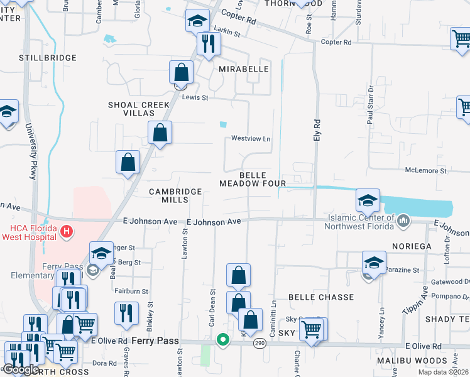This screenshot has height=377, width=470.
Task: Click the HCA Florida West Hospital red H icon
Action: (67, 233)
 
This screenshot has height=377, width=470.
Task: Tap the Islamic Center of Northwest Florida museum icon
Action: (403, 221)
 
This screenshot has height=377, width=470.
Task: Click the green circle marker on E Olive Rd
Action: (222, 340)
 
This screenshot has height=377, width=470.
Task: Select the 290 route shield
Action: (259, 343)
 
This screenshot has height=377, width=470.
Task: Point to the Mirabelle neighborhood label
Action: (244, 69)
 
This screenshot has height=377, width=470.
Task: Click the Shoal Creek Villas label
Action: (131, 109)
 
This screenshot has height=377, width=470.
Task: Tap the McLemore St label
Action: (425, 170)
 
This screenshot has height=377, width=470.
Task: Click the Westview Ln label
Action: (250, 138)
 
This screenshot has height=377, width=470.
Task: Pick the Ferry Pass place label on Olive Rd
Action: (155, 341)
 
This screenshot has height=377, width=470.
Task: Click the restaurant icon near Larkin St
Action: (206, 43)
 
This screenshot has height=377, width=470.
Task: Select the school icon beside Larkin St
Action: (197, 21)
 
